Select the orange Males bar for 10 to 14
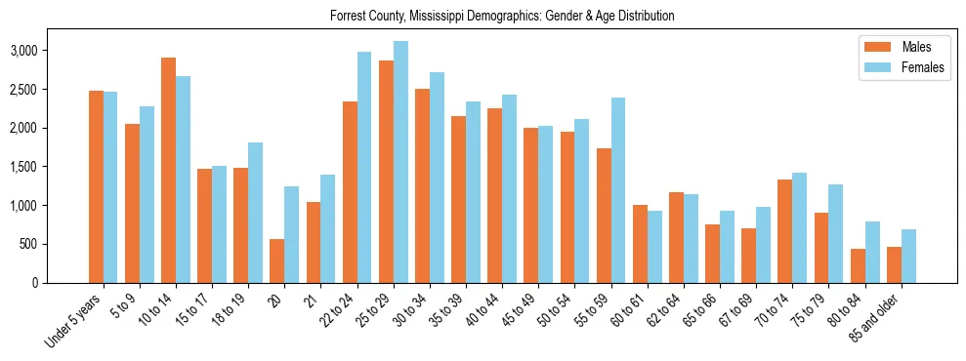click(169, 171)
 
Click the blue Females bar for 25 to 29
click(400, 162)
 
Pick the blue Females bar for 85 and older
click(908, 256)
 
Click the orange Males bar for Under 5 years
click(96, 186)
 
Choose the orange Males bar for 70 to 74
click(785, 231)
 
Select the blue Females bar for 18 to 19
click(256, 213)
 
